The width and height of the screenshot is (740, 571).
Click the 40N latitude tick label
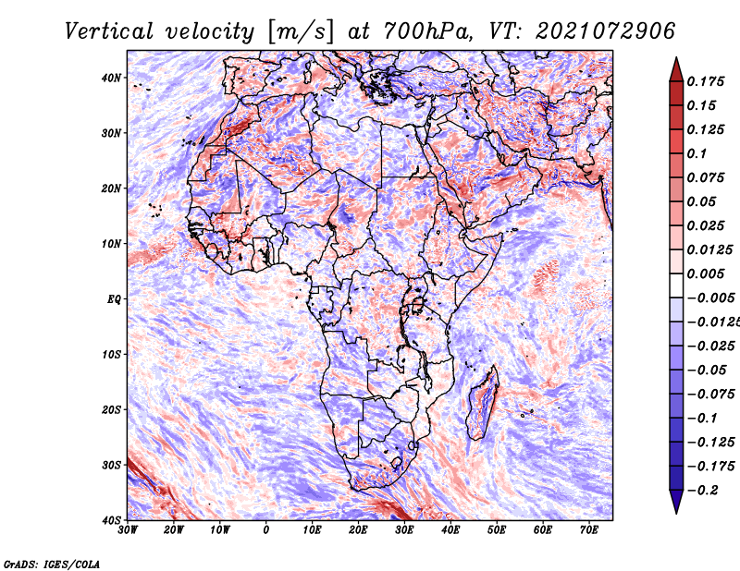tap(111, 78)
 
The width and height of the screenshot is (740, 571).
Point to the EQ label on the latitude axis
tap(114, 299)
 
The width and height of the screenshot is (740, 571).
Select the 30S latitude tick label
tap(111, 465)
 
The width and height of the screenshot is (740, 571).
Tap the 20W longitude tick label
tap(174, 530)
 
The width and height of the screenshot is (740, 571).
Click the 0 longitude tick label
tap(266, 530)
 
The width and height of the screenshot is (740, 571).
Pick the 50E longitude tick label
tap(497, 530)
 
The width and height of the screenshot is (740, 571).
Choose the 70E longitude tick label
tap(588, 530)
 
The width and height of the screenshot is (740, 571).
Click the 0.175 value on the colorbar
tap(706, 82)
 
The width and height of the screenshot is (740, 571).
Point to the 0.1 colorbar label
tap(697, 153)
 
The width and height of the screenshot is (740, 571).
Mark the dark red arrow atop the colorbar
tap(676, 71)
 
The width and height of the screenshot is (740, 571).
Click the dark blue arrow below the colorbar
tap(676, 501)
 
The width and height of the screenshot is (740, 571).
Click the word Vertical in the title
tap(108, 31)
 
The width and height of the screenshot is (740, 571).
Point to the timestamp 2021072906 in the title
tap(605, 31)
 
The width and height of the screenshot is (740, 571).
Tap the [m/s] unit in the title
tap(301, 31)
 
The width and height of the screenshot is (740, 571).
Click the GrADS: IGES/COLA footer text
tap(52, 565)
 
